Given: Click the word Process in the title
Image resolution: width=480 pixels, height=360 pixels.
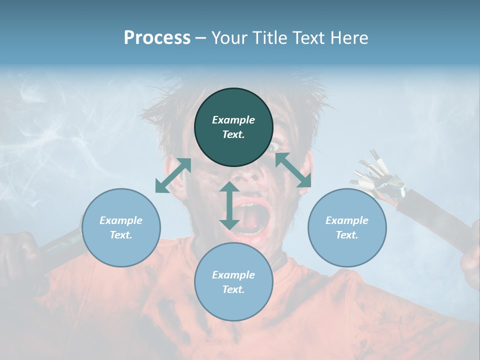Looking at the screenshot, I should [157, 38].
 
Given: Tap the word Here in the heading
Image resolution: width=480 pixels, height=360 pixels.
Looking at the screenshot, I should [348, 38].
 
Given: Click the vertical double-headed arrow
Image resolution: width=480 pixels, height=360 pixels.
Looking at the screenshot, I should [229, 205].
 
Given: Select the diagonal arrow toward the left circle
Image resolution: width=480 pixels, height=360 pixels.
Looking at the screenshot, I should [173, 175].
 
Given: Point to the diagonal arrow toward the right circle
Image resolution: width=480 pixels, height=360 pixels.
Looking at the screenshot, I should [293, 170].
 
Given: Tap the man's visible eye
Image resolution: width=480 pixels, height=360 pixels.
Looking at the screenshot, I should [275, 147].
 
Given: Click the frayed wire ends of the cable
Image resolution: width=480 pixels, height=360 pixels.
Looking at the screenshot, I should [372, 175].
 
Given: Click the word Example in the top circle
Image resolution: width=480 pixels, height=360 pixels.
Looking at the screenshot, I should [233, 120].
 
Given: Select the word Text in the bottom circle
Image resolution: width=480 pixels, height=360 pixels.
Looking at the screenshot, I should [233, 289].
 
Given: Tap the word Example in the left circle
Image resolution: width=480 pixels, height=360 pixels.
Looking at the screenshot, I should [121, 220].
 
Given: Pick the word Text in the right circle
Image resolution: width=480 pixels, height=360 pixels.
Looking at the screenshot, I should [347, 235].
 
